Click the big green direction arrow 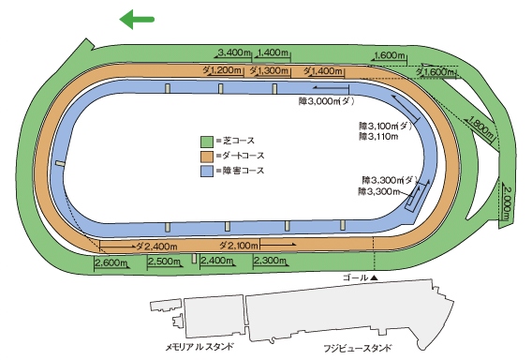point(137,17)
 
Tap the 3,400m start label point(232,52)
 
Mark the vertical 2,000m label point(507,202)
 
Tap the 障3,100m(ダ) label point(385,125)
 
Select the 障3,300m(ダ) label point(389,178)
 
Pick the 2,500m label point(164,262)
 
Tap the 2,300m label point(270,261)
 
